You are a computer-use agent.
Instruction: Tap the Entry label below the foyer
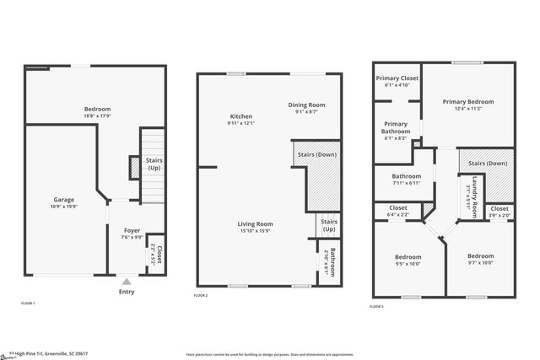point(127,292)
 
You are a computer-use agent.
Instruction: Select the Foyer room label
point(132,230)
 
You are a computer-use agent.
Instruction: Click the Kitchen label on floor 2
point(241,116)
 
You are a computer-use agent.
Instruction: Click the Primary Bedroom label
point(468,101)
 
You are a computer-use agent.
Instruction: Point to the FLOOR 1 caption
point(28,302)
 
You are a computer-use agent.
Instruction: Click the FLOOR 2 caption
point(201,296)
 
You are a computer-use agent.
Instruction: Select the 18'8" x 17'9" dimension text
point(97,116)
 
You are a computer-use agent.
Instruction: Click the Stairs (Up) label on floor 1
point(154,164)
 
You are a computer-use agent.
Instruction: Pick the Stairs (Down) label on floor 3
point(488,163)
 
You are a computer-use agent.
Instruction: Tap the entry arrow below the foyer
point(127,282)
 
